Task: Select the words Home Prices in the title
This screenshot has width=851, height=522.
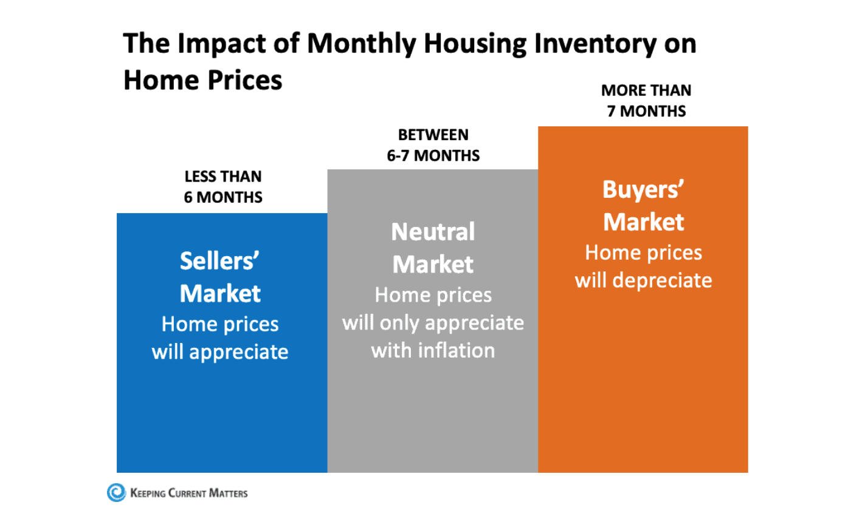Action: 203,81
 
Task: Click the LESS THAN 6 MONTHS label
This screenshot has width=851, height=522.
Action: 223,187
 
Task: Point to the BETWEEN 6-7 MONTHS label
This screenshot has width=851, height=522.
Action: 433,145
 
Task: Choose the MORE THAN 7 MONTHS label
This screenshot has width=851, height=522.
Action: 646,101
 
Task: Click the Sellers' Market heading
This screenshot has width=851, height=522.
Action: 220,277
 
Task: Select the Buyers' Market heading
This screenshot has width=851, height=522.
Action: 644,206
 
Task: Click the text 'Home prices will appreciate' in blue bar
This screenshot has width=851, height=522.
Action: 220,337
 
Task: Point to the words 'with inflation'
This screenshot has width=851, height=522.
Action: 433,350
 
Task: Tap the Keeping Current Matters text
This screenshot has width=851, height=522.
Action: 189,493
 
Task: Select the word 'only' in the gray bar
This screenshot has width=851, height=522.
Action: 399,322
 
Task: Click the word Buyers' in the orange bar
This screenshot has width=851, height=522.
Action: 644,191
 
